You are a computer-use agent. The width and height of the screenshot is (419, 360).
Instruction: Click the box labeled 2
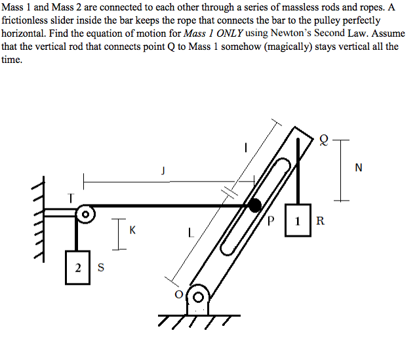tap(77, 267)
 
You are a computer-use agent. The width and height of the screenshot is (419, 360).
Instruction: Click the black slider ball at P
tap(254, 206)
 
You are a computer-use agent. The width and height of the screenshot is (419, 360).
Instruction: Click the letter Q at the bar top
tap(323, 140)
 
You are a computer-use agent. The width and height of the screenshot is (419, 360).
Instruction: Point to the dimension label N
tap(357, 168)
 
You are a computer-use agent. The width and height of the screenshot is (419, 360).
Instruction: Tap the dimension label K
tap(133, 231)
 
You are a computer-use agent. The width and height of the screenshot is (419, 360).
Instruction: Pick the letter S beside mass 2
tap(100, 267)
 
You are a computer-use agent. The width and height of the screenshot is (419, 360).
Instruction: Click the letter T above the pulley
tap(71, 197)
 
